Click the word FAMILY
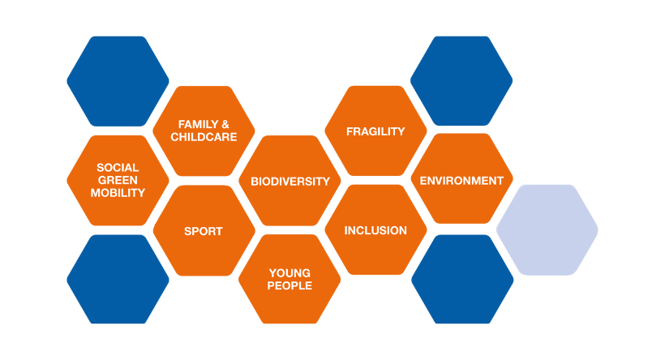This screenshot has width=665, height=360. [x=198, y=124]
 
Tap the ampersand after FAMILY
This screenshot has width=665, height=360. [x=225, y=124]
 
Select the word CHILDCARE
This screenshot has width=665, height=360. [x=204, y=137]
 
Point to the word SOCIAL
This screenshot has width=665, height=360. [x=118, y=168]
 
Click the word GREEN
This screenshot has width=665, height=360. [x=118, y=180]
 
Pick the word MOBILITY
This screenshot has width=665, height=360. [x=118, y=193]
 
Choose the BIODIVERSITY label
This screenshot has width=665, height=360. [x=290, y=182]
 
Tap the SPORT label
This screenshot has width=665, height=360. [x=203, y=231]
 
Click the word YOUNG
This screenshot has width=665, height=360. [x=290, y=273]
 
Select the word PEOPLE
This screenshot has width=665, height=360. [x=290, y=285]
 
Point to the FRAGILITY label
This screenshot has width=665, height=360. [x=375, y=131]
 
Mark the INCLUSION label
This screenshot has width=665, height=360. [x=375, y=230]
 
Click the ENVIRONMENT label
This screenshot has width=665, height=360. [x=461, y=181]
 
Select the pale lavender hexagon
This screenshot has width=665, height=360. [x=547, y=229]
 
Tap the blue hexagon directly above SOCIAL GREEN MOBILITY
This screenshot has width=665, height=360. [x=118, y=81]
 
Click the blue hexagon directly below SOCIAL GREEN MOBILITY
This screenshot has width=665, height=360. [x=118, y=280]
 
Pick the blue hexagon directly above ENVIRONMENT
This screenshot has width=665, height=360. [x=461, y=80]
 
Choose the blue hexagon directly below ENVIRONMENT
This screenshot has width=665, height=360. [x=462, y=280]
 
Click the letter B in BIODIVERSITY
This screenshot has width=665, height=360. [x=255, y=182]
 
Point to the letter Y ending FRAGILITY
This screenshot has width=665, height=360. [x=401, y=131]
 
